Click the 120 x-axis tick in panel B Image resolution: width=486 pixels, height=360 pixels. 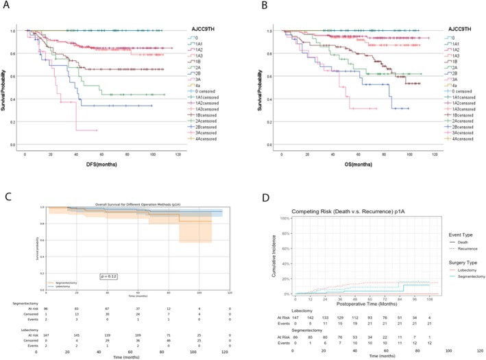click(x=422, y=155)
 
